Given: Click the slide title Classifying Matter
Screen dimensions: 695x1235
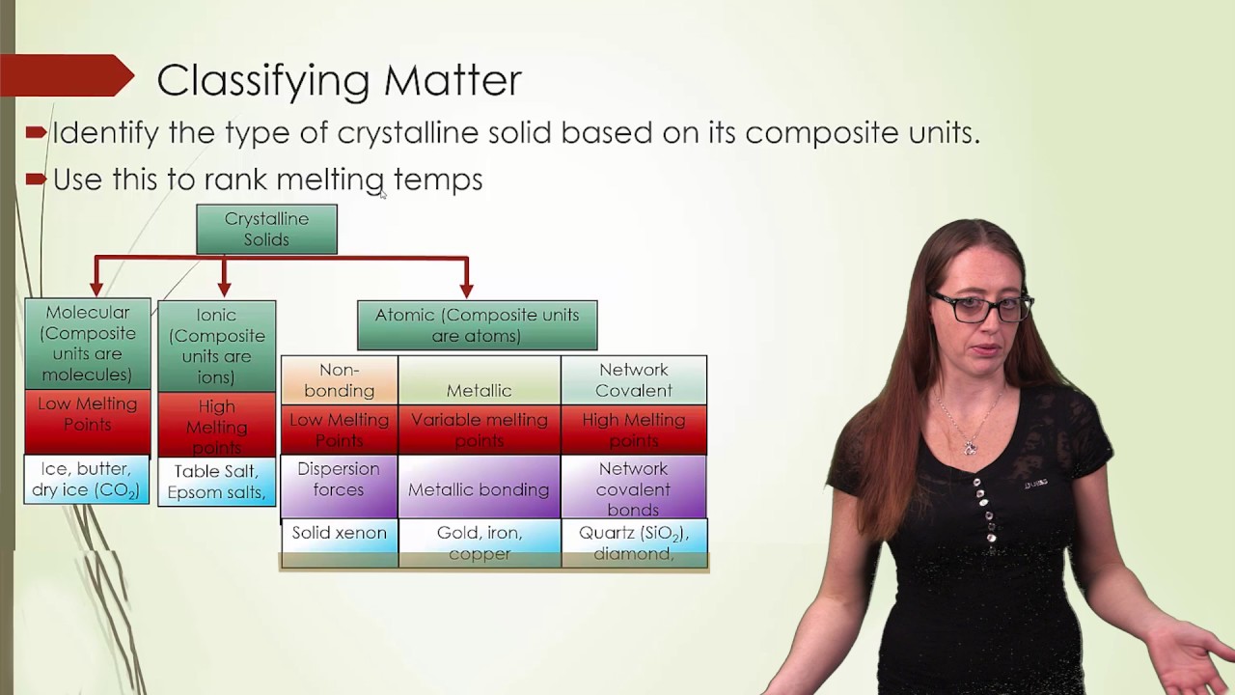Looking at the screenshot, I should pyautogui.click(x=339, y=80).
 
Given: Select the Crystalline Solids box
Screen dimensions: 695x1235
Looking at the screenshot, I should pyautogui.click(x=266, y=230).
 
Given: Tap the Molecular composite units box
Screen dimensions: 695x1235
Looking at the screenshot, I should pyautogui.click(x=88, y=343).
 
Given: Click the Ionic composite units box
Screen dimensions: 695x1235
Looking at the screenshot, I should pyautogui.click(x=216, y=346).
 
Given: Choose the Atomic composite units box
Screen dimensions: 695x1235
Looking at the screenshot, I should pyautogui.click(x=477, y=325).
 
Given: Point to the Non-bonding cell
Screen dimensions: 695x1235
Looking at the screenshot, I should pyautogui.click(x=339, y=380).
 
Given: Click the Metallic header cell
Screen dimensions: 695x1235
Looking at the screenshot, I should pyautogui.click(x=479, y=380).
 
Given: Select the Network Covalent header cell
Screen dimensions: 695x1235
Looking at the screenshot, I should pyautogui.click(x=633, y=380).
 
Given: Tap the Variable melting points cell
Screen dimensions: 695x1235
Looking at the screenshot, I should pyautogui.click(x=479, y=430).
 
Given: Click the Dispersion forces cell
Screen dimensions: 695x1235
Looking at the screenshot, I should pyautogui.click(x=339, y=480).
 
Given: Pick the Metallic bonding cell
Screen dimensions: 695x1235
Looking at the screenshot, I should pyautogui.click(x=479, y=489).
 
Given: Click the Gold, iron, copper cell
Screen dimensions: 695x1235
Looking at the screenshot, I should pyautogui.click(x=479, y=542).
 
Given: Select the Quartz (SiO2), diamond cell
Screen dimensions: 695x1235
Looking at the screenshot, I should pyautogui.click(x=633, y=542).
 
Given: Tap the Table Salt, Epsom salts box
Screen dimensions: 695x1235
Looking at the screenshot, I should pyautogui.click(x=216, y=482).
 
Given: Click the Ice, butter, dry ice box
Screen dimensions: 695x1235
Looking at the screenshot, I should pyautogui.click(x=87, y=480).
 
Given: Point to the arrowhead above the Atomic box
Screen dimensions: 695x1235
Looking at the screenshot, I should pyautogui.click(x=467, y=288).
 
